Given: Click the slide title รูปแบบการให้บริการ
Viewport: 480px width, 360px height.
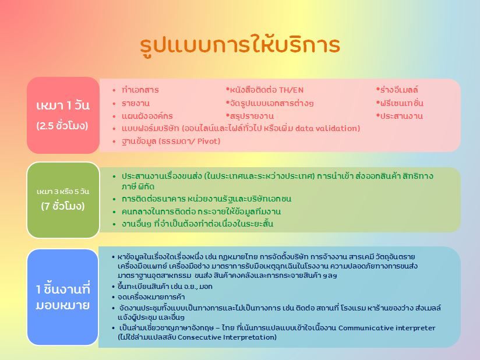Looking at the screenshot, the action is point(240,46).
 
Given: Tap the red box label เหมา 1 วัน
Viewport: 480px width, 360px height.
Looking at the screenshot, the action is point(63,106).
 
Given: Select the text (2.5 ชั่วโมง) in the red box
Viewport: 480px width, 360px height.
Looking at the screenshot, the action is point(62,126).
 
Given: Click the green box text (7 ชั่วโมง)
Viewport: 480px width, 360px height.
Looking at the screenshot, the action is point(63,206).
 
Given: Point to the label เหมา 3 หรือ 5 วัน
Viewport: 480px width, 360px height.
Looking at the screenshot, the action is point(63,192).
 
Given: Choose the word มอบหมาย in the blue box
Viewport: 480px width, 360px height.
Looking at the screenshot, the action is point(63,305).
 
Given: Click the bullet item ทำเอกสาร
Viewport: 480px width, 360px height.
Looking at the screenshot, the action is point(140,90).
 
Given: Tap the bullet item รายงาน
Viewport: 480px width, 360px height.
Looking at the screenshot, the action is point(136,103).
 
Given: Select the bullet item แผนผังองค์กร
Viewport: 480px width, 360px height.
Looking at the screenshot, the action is point(147,116).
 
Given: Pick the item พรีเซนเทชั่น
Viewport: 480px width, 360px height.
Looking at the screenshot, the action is point(401,103).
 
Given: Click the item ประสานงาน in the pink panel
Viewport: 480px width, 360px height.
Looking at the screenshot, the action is point(401,116).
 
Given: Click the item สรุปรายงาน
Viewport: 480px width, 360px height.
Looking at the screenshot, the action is point(252,116).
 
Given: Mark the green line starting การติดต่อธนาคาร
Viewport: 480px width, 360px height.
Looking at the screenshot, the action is point(206,199).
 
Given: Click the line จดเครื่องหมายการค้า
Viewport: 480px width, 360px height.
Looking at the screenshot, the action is point(151,297).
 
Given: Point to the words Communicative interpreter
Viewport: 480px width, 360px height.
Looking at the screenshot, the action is point(387,328).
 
